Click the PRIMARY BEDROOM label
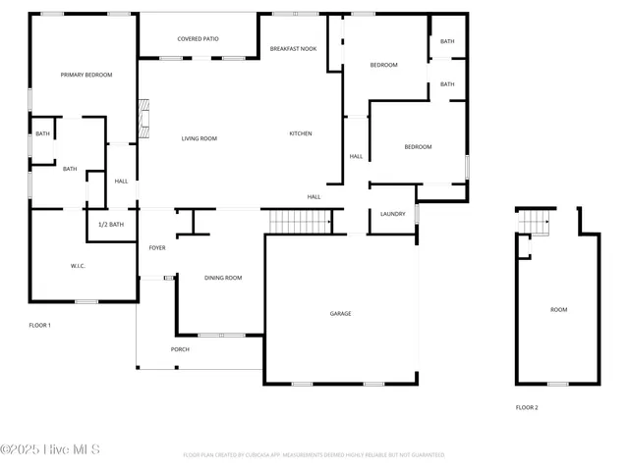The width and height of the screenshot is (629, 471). [86, 75]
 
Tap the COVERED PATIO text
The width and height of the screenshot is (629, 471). [198, 39]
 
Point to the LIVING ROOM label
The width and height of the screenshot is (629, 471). [199, 138]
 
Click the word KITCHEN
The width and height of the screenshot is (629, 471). [301, 133]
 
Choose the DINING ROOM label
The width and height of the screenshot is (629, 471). [223, 278]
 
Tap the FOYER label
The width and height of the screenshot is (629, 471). [157, 248]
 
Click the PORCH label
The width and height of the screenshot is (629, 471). [180, 349]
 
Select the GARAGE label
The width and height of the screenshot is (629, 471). [340, 314]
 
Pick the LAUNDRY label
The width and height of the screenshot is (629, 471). [393, 214]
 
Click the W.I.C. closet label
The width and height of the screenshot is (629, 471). [79, 266]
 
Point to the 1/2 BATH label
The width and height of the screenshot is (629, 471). [111, 225]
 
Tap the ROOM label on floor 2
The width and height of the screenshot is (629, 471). [558, 310]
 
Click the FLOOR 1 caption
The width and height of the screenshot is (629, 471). [39, 325]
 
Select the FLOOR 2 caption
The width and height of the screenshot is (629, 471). [527, 407]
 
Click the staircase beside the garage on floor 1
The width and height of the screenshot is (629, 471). [300, 223]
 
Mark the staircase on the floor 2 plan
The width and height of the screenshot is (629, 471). [535, 225]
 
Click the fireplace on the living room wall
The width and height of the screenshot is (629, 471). [143, 118]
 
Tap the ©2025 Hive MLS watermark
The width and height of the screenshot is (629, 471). [49, 450]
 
